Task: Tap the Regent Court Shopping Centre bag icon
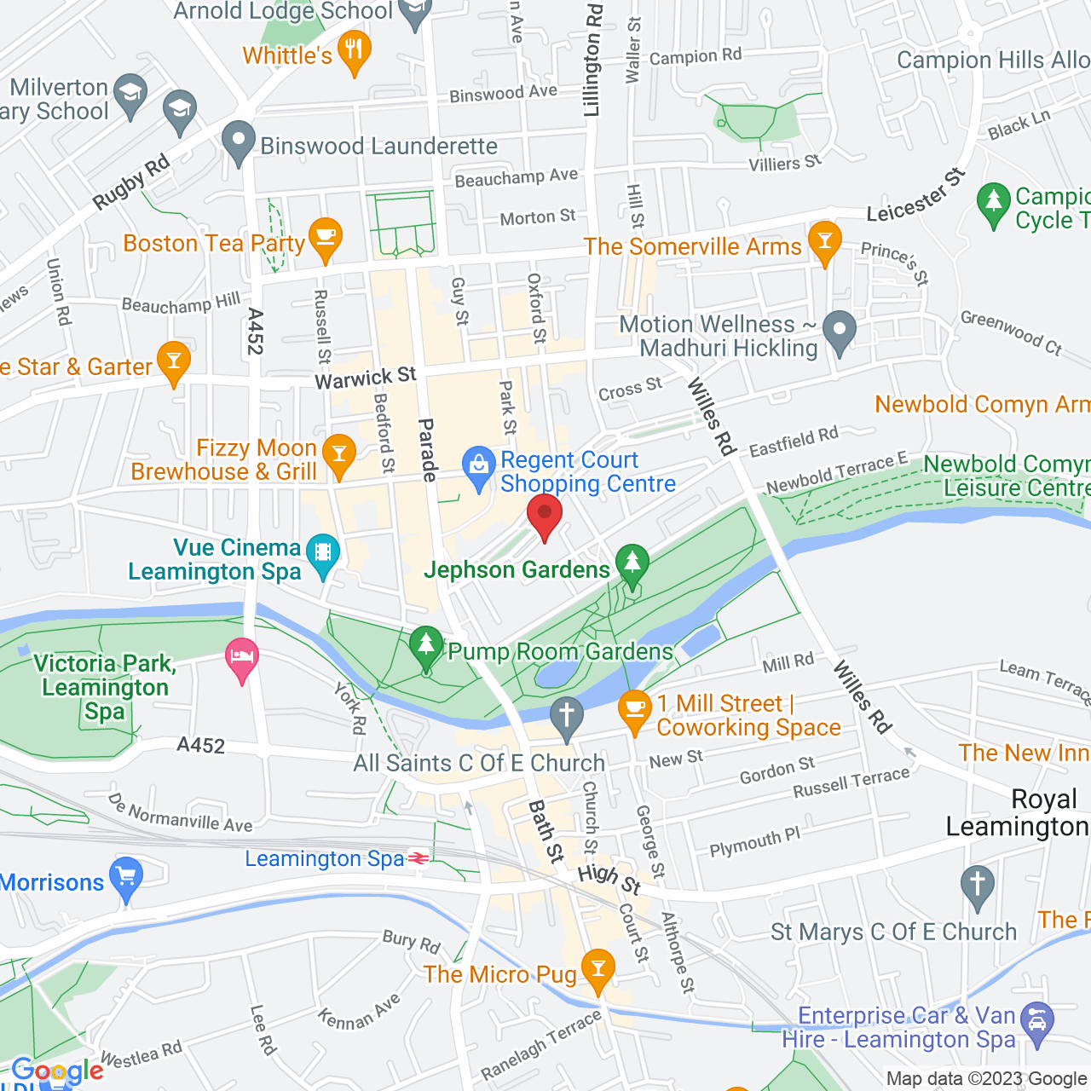[478, 465]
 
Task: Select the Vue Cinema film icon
[323, 551]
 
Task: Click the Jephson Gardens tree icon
[632, 563]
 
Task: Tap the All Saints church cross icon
[566, 715]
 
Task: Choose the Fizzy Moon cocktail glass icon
[339, 453]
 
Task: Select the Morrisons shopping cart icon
[126, 875]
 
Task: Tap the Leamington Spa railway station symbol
[419, 858]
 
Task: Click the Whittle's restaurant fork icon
[354, 49]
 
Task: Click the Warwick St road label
[366, 378]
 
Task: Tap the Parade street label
[427, 450]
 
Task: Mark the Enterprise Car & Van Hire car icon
[1037, 1020]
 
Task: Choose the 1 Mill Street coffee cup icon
[634, 708]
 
